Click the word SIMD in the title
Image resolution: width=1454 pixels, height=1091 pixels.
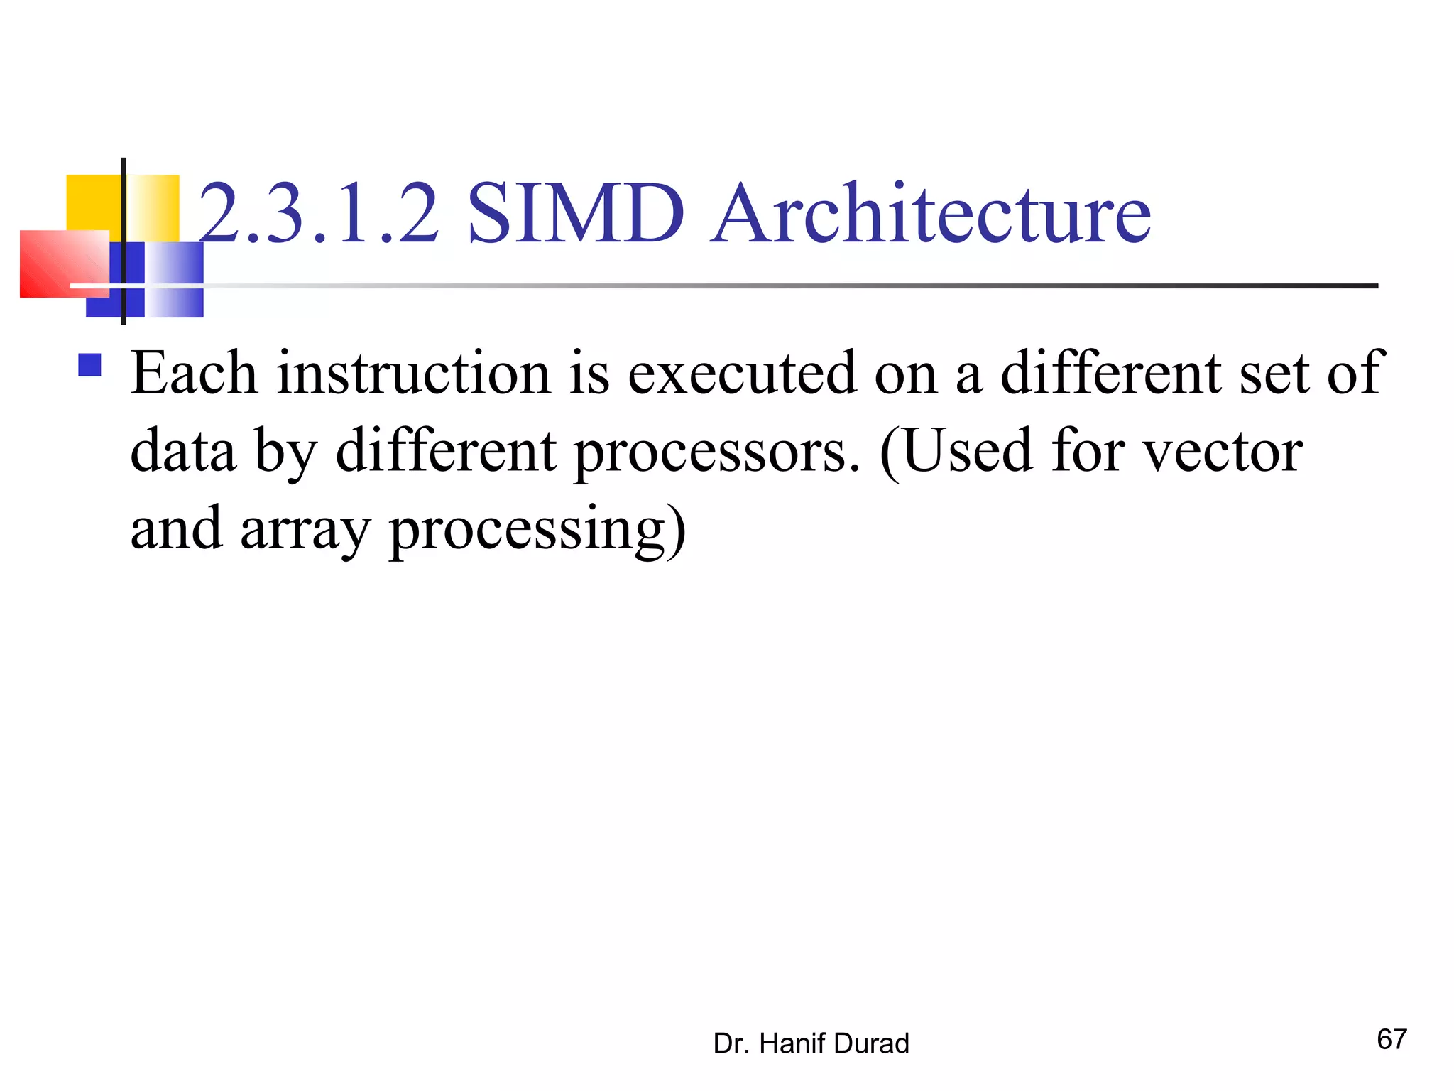[x=575, y=213]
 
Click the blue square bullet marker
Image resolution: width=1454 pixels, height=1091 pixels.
[x=89, y=365]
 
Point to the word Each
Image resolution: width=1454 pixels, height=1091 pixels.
[x=194, y=373]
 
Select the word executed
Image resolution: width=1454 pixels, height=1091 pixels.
[x=742, y=373]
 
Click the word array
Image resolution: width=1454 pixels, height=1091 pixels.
[x=305, y=530]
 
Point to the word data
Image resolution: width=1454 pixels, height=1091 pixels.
[x=183, y=451]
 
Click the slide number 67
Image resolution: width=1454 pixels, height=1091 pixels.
[x=1392, y=1039]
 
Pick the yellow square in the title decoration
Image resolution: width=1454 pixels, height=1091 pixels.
[x=92, y=202]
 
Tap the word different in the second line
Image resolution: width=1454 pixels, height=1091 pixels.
[x=446, y=451]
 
